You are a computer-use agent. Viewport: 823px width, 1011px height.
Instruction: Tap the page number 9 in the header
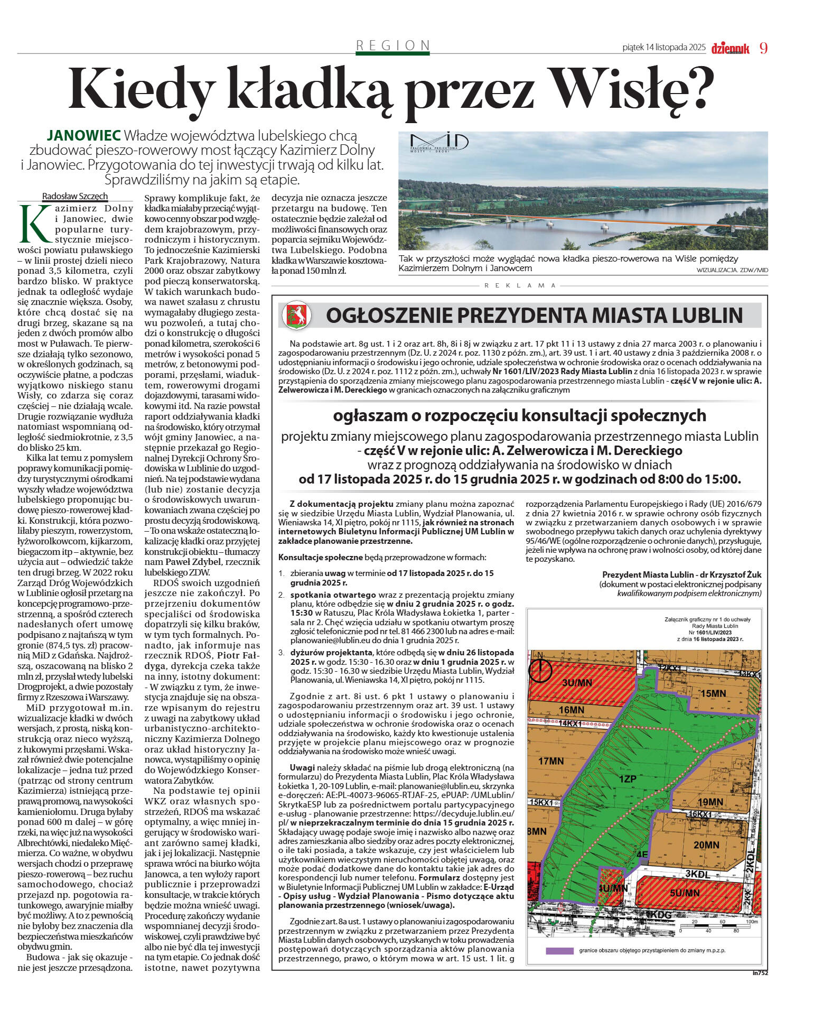point(763,48)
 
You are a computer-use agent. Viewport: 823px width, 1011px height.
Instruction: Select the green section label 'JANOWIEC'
point(84,135)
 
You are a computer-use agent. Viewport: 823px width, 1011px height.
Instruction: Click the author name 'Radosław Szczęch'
point(75,196)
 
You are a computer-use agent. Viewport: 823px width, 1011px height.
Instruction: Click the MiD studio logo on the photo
point(439,143)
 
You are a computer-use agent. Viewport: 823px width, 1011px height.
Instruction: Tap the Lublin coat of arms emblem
point(296,316)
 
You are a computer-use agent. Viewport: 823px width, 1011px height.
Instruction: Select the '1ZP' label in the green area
point(628,779)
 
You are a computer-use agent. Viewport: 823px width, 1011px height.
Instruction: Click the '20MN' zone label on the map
point(706,845)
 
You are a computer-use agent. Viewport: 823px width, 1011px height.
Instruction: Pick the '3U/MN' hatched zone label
point(577,683)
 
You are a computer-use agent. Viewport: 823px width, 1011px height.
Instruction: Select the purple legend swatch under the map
point(559,950)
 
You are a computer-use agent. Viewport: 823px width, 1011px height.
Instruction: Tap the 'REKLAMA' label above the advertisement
point(520,285)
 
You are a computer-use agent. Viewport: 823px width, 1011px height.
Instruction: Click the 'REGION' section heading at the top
point(392,45)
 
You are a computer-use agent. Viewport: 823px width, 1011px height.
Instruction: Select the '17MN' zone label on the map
point(551,761)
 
